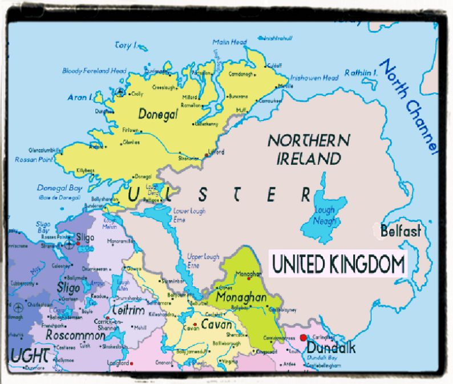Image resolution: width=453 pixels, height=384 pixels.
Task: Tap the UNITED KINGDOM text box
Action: pos(338,265)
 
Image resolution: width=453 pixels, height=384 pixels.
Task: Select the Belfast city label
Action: pos(401,231)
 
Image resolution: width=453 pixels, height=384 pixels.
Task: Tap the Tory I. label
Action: pos(126,45)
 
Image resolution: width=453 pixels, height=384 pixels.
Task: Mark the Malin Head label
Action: pos(229,42)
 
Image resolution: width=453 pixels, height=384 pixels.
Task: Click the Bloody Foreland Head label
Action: pos(94,71)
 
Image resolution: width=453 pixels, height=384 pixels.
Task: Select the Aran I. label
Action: pos(80,98)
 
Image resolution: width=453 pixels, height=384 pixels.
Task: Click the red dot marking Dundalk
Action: pos(302,338)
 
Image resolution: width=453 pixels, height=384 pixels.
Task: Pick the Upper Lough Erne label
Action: pos(203,261)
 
